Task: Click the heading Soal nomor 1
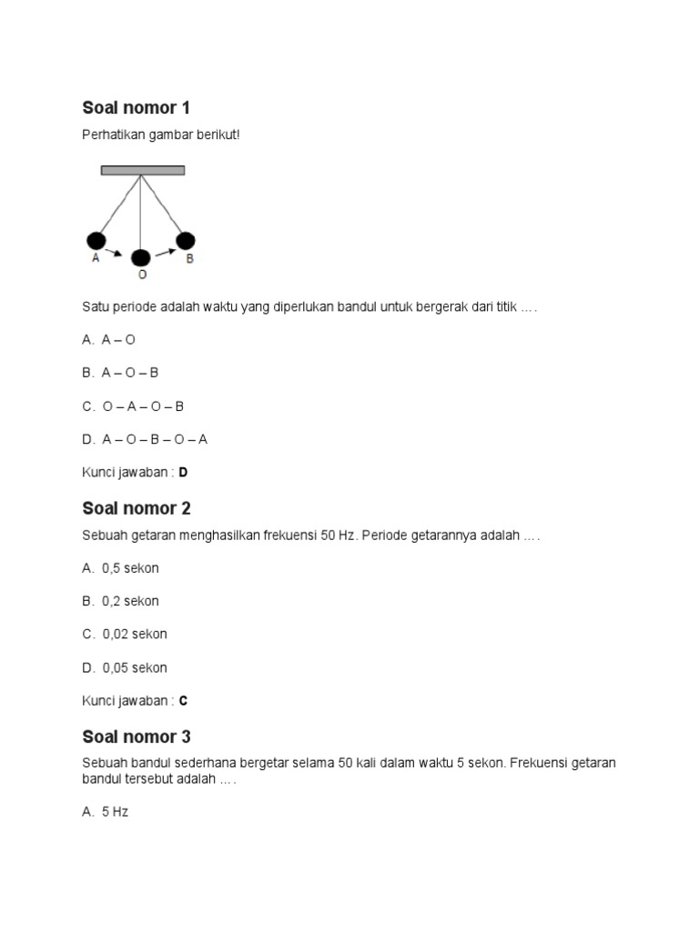[137, 108]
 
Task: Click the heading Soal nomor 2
[137, 508]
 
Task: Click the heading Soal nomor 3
[137, 736]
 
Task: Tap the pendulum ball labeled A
[96, 241]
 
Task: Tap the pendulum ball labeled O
[141, 257]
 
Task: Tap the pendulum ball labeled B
[186, 241]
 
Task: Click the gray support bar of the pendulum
[143, 170]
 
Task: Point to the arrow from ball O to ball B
[165, 252]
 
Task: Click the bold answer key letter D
[184, 473]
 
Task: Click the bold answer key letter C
[184, 701]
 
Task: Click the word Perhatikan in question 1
[111, 135]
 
